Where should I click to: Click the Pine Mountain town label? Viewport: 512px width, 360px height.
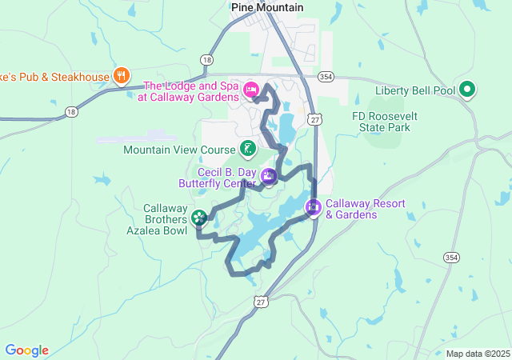pyautogui.click(x=266, y=7)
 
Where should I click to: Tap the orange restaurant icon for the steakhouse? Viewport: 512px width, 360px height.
pyautogui.click(x=121, y=76)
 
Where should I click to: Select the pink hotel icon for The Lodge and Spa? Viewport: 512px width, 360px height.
pyautogui.click(x=250, y=88)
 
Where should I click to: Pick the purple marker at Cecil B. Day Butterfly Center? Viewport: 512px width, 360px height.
pyautogui.click(x=269, y=176)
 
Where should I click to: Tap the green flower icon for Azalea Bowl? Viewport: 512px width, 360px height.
pyautogui.click(x=198, y=217)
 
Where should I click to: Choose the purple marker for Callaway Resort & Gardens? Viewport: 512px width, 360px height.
pyautogui.click(x=313, y=208)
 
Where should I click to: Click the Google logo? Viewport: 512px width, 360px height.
pyautogui.click(x=26, y=350)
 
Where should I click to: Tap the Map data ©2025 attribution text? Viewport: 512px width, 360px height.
pyautogui.click(x=478, y=354)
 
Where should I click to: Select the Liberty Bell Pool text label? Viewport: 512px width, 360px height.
pyautogui.click(x=414, y=90)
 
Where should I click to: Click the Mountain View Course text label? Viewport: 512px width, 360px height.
pyautogui.click(x=180, y=150)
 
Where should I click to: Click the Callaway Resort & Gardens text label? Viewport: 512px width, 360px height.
pyautogui.click(x=364, y=209)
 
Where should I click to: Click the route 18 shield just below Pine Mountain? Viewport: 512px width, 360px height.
pyautogui.click(x=207, y=59)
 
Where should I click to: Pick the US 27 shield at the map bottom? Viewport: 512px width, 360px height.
pyautogui.click(x=259, y=301)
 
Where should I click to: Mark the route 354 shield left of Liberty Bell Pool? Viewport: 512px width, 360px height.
pyautogui.click(x=325, y=76)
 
